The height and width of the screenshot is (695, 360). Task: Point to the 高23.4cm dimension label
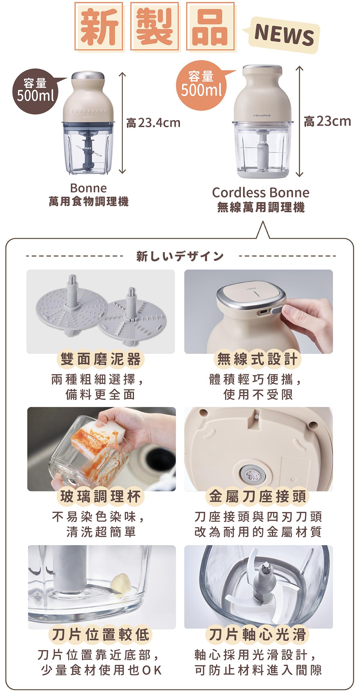pos(153,123)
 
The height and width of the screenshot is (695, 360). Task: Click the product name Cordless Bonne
pos(260,193)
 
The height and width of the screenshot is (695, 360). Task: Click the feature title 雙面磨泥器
pos(100,359)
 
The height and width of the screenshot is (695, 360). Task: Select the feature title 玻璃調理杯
pos(100,497)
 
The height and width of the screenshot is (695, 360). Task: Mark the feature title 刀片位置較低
pos(100,634)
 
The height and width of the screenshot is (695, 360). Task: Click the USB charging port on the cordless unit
pos(263,312)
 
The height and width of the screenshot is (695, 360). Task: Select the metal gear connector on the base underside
pos(250,474)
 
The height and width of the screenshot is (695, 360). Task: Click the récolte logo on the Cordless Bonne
pos(262,115)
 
